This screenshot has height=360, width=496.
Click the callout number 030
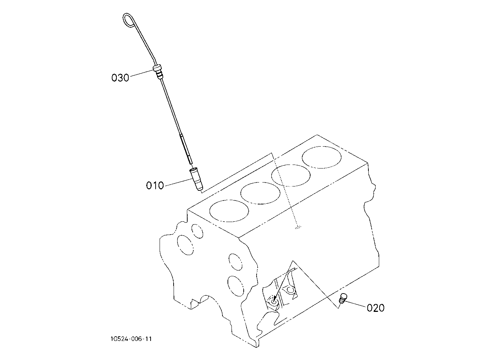tap(120, 78)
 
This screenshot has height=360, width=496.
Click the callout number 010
tap(155, 185)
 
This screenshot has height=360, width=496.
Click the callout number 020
tap(376, 308)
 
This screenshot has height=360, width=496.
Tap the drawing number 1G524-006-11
tap(131, 339)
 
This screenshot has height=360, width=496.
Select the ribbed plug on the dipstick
tap(158, 71)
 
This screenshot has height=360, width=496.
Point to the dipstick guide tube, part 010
tap(196, 179)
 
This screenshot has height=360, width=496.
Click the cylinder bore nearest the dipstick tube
tap(229, 211)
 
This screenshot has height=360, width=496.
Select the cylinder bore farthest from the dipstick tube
tap(322, 157)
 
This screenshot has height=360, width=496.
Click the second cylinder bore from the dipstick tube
tap(260, 193)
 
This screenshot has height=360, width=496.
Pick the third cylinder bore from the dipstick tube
tap(291, 175)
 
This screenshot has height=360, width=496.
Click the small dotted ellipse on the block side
tap(298, 227)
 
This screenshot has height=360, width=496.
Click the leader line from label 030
tap(141, 73)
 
